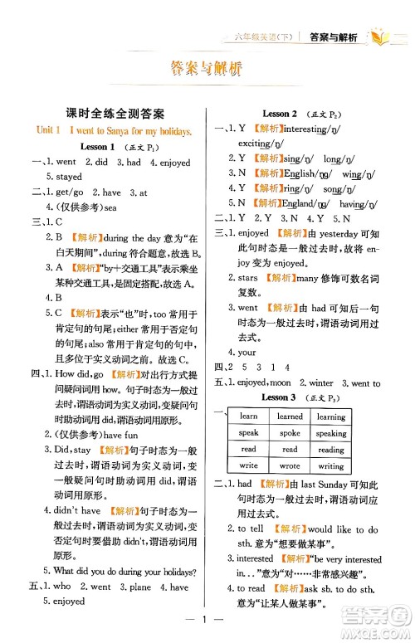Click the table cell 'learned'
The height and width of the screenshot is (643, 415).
pos(290,416)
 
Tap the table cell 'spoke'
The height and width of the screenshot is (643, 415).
pos(290,433)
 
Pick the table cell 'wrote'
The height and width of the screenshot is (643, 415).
pos(290,465)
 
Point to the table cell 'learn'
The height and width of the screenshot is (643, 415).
pos(248,416)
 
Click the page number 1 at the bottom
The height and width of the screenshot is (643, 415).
pos(207,619)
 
